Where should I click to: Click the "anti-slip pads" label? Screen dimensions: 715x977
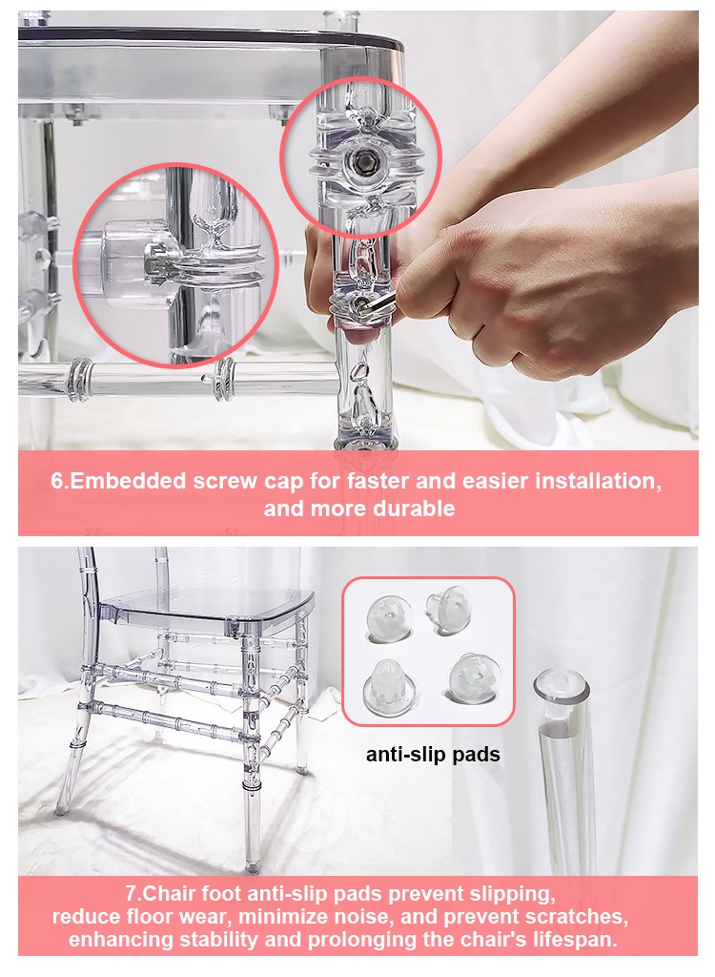[433, 755]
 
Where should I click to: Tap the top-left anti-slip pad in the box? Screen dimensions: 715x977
[389, 617]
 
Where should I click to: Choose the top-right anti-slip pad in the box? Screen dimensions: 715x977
[448, 610]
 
